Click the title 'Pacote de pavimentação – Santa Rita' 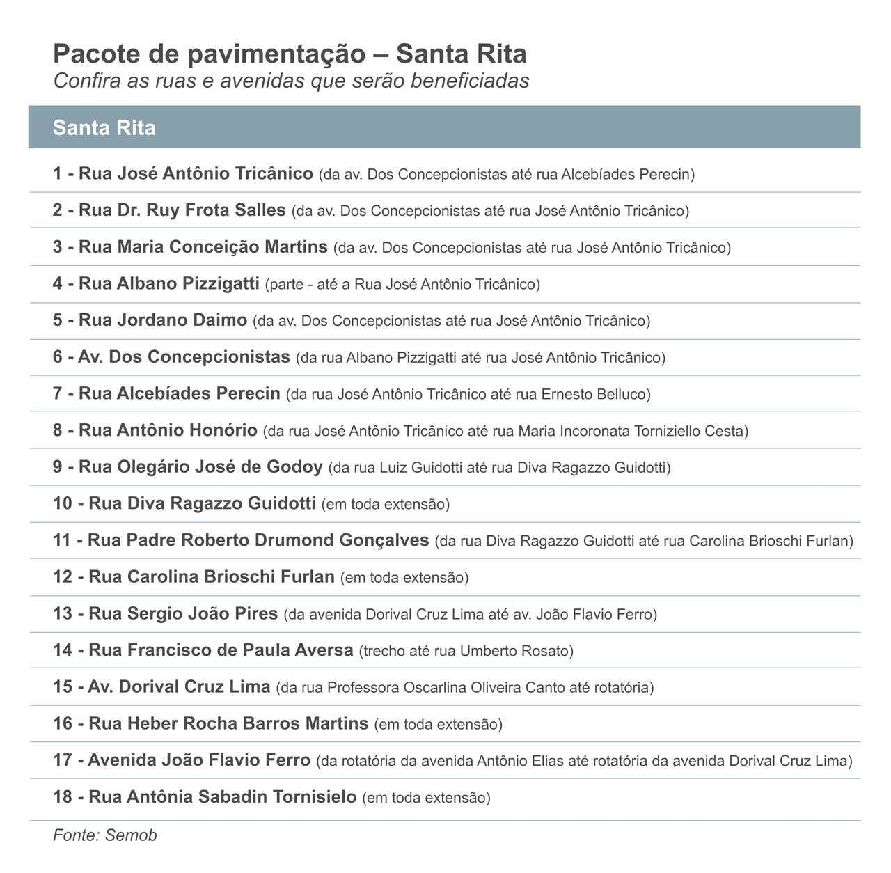pyautogui.click(x=290, y=54)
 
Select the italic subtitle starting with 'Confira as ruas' pyautogui.click(x=291, y=81)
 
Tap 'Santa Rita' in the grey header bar pyautogui.click(x=104, y=128)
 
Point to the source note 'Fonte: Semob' pyautogui.click(x=105, y=835)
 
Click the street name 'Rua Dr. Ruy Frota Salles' pyautogui.click(x=182, y=210)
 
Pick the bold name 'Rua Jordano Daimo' pyautogui.click(x=163, y=320)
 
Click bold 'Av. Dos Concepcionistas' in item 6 pyautogui.click(x=184, y=357)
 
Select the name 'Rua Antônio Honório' pyautogui.click(x=168, y=430)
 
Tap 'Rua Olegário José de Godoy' pyautogui.click(x=200, y=467)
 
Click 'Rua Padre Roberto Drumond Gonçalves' pyautogui.click(x=258, y=540)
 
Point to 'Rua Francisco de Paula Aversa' pyautogui.click(x=221, y=650)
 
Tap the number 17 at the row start pyautogui.click(x=63, y=761)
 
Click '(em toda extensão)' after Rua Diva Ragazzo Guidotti pyautogui.click(x=386, y=504)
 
